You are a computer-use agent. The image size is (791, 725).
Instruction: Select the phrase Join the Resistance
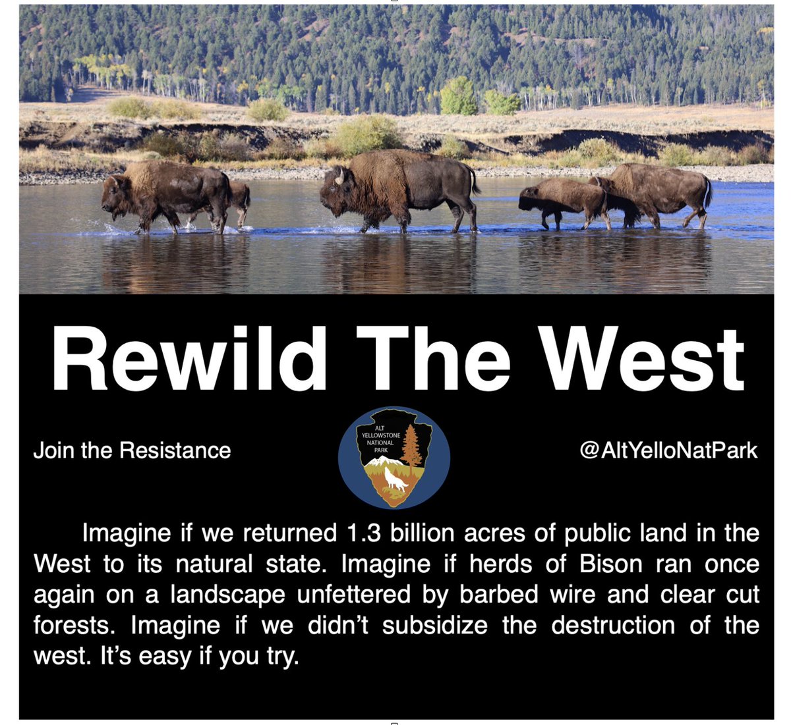click(x=132, y=450)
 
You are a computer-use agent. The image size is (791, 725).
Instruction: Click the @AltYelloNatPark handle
click(x=668, y=450)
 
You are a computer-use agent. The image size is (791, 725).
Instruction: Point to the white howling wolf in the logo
click(x=396, y=479)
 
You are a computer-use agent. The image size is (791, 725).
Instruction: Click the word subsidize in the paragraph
click(x=435, y=625)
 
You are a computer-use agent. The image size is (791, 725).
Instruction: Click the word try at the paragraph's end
click(x=279, y=657)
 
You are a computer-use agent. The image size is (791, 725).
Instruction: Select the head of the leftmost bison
click(x=116, y=196)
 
